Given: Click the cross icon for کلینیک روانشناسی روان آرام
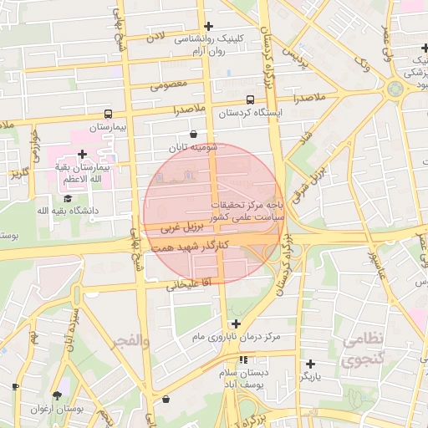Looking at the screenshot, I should (208, 27).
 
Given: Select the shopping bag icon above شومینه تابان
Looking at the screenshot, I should (194, 134).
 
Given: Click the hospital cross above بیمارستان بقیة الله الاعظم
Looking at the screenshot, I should (82, 155).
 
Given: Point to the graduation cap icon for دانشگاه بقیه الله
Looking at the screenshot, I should (67, 198).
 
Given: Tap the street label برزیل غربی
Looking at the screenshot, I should (181, 226).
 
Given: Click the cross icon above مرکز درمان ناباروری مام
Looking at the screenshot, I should (236, 324).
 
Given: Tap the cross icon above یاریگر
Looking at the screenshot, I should (310, 364).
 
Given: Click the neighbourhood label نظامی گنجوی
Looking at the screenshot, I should (362, 350).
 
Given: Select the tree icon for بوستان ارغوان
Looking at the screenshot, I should (57, 395).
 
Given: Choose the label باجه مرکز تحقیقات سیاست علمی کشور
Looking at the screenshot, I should (247, 210).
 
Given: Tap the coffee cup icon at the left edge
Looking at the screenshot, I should (15, 386).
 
